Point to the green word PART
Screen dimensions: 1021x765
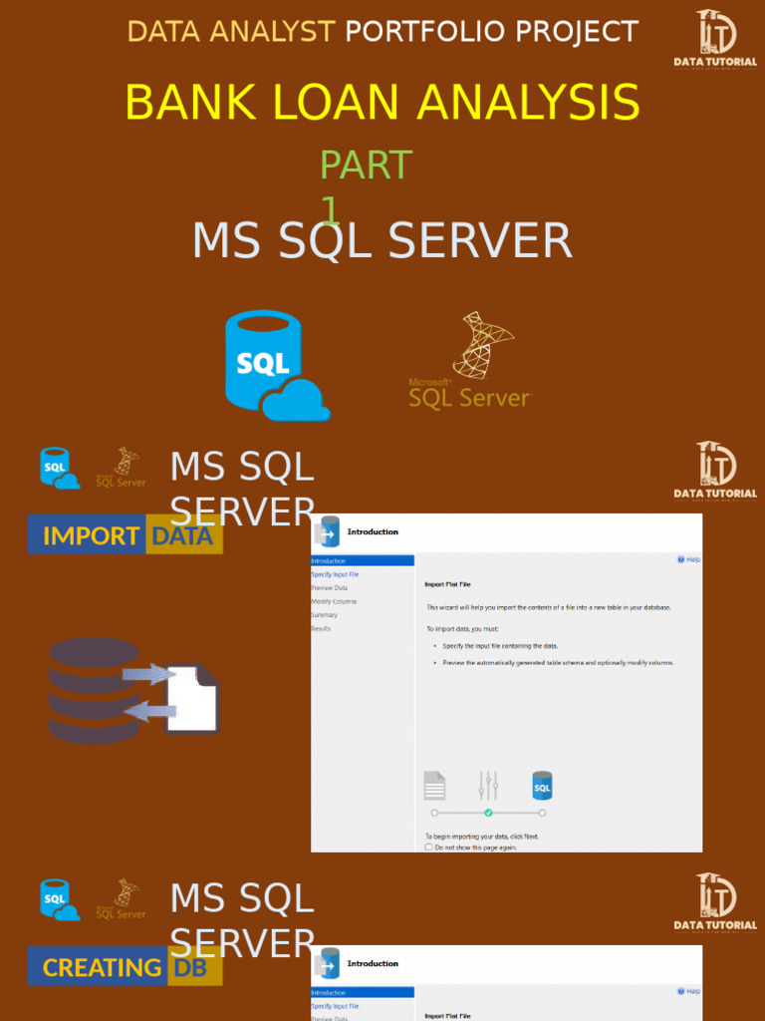tap(366, 166)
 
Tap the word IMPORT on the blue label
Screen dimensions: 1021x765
tap(91, 535)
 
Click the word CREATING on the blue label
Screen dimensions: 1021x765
tap(102, 967)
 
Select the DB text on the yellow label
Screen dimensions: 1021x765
tap(191, 967)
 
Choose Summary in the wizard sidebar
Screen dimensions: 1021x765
tap(324, 615)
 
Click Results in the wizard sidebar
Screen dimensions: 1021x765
tap(321, 628)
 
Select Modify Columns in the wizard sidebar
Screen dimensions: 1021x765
tap(334, 601)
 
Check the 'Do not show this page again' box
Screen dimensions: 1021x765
tap(429, 847)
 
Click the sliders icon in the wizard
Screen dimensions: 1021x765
tap(487, 786)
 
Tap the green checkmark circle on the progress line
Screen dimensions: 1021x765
tap(488, 813)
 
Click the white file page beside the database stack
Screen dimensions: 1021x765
tap(192, 698)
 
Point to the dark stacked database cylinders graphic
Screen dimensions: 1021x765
tap(95, 690)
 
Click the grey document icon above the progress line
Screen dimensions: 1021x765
tap(434, 786)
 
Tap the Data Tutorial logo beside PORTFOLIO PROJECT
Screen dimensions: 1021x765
tap(715, 38)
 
